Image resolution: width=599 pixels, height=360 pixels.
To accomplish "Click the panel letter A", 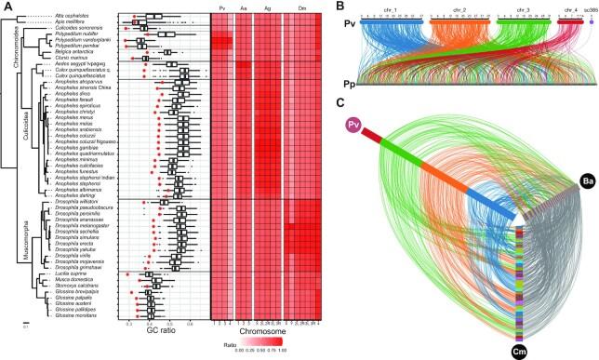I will point(6,7).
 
